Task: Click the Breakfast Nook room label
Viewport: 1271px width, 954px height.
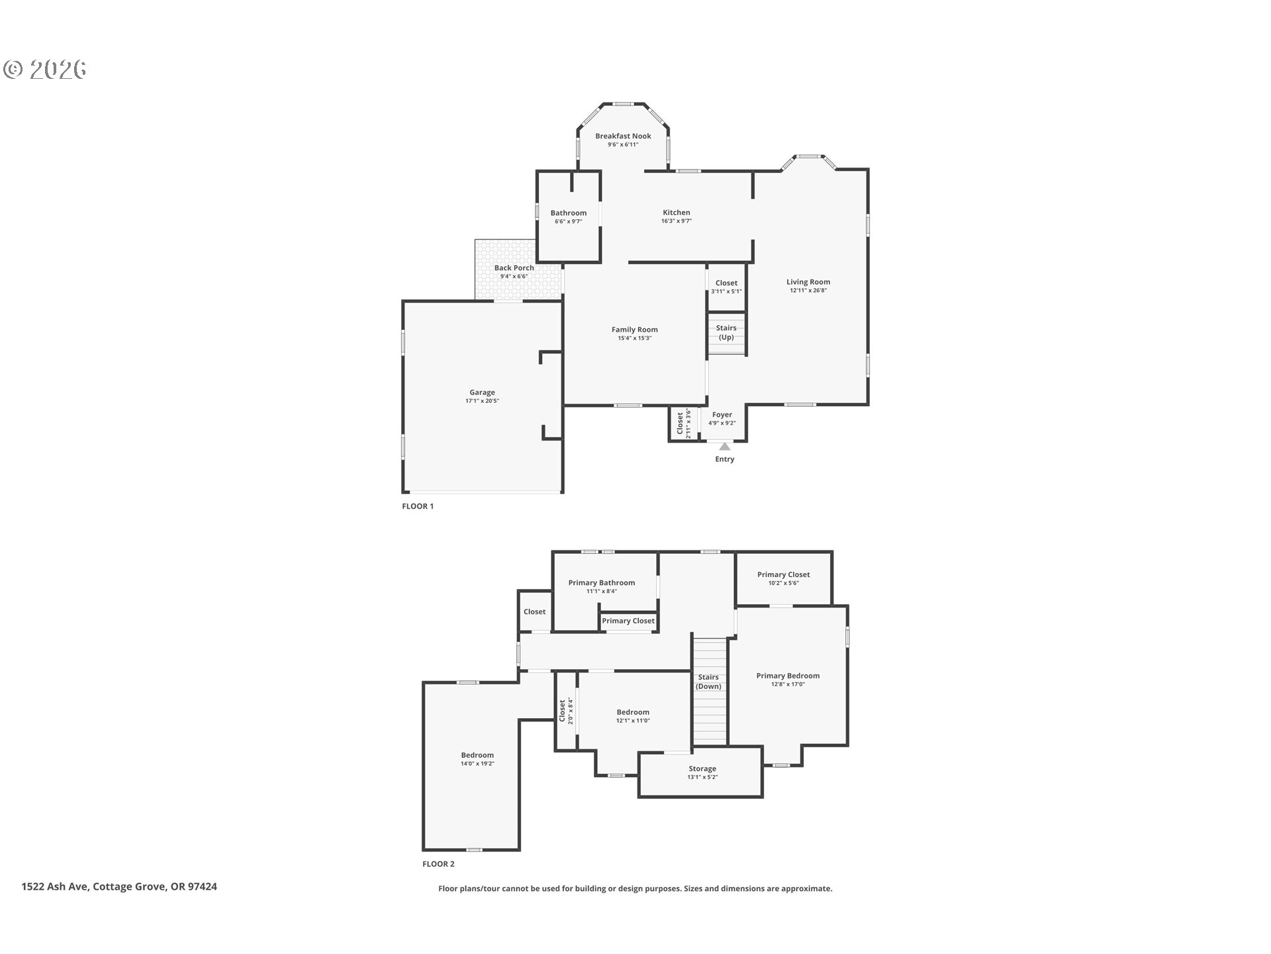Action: coord(623,136)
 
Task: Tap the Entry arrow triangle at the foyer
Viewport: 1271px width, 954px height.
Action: coord(725,447)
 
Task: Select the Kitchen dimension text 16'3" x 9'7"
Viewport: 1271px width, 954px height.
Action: coord(677,221)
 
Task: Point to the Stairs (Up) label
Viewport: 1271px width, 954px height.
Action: coord(726,333)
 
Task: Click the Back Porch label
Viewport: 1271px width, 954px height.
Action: coord(514,268)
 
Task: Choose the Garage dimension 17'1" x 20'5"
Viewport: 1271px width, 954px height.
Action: coord(482,401)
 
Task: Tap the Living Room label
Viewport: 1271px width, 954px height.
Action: coord(808,282)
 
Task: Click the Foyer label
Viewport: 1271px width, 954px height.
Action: coord(722,415)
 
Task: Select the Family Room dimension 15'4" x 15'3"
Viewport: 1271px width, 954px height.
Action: coord(635,339)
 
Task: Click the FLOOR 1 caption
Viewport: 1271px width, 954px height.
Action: coord(418,506)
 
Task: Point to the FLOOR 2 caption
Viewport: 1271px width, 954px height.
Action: coord(438,864)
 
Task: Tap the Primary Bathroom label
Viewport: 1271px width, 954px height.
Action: coord(601,583)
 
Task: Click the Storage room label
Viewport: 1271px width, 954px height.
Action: coord(702,768)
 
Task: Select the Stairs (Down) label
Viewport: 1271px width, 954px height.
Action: coord(708,682)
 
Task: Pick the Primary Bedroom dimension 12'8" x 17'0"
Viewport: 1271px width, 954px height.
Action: coord(788,684)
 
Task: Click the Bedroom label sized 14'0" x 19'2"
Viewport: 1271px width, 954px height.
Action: coord(477,755)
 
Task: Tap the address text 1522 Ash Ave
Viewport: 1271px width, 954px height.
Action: coord(54,886)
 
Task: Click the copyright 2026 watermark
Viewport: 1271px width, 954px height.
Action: coord(44,69)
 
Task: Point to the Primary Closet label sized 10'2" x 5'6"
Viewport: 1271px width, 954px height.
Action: coord(784,574)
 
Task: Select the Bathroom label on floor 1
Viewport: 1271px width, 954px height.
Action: coord(569,213)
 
